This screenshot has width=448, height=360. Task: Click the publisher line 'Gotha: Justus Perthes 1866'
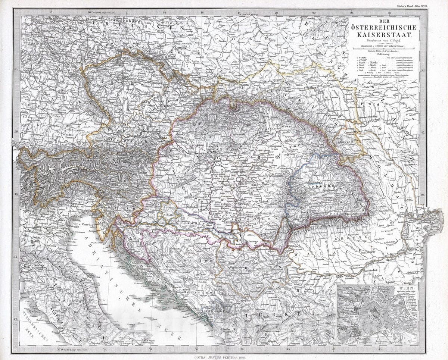pyautogui.click(x=224, y=357)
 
